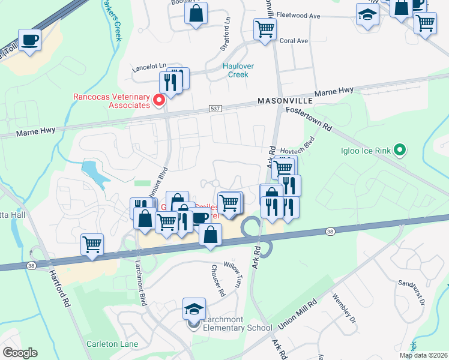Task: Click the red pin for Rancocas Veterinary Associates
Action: click(159, 100)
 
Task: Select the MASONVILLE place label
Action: click(283, 101)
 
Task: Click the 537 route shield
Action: click(214, 109)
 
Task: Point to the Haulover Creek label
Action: click(238, 70)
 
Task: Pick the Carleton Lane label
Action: click(113, 344)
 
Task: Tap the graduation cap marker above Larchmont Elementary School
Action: click(194, 309)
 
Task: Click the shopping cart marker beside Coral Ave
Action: click(265, 29)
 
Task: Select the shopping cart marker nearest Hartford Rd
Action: click(92, 244)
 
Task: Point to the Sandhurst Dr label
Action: click(411, 294)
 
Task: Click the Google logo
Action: click(20, 352)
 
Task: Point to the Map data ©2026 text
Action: click(423, 355)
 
